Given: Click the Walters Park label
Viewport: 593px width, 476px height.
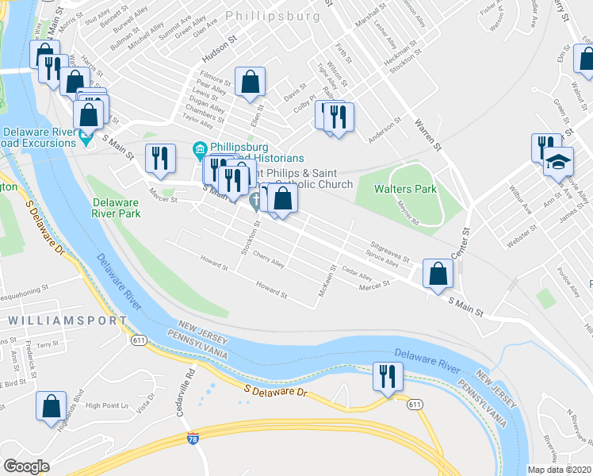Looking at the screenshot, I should click(x=407, y=189).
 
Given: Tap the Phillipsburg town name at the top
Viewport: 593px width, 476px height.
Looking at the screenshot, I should click(x=272, y=14).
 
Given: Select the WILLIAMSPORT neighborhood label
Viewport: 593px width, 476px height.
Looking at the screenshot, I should click(x=67, y=320).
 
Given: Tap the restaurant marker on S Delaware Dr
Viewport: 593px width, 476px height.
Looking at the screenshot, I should click(x=386, y=377).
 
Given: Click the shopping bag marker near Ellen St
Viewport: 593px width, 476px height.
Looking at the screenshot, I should click(x=250, y=81).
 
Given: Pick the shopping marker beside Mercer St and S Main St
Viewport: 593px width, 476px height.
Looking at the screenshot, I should click(x=437, y=274).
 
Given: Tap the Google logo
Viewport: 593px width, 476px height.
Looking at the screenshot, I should click(x=27, y=466).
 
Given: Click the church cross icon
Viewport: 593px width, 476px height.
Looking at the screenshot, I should click(x=256, y=202).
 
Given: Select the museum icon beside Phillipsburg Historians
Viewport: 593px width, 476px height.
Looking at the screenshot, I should click(x=199, y=148).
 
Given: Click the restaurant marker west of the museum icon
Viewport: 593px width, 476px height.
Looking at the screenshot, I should click(x=160, y=158).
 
